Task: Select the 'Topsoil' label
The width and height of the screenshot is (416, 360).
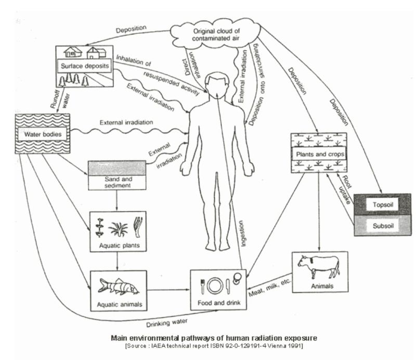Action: [382, 204]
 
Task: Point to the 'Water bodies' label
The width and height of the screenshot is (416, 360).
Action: [43, 134]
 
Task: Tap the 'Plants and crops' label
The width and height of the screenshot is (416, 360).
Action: [319, 155]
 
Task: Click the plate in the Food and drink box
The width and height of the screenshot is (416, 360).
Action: [215, 285]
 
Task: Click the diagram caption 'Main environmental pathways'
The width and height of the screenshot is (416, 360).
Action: [213, 338]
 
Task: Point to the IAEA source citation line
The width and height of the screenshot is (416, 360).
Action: [213, 345]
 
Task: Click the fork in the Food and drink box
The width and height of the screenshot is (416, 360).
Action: [203, 285]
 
